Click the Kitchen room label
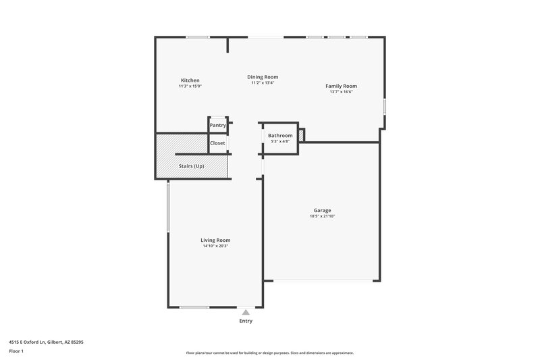(x=190, y=80)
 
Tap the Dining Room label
(x=263, y=77)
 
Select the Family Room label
(x=341, y=86)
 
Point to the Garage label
(x=322, y=210)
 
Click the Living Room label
(x=215, y=240)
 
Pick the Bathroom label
(x=279, y=135)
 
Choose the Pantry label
(x=217, y=125)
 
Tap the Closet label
(x=217, y=143)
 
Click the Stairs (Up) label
(x=191, y=166)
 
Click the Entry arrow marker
(x=246, y=312)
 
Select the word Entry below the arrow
(x=246, y=321)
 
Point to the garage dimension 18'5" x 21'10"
(x=322, y=216)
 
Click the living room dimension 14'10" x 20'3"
(x=215, y=246)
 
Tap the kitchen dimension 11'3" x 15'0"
(x=190, y=86)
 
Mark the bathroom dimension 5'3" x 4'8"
(x=279, y=141)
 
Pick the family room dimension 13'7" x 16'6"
(x=341, y=92)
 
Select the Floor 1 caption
(x=17, y=352)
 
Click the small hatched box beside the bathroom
(x=301, y=136)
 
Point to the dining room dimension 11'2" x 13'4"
(x=263, y=83)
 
